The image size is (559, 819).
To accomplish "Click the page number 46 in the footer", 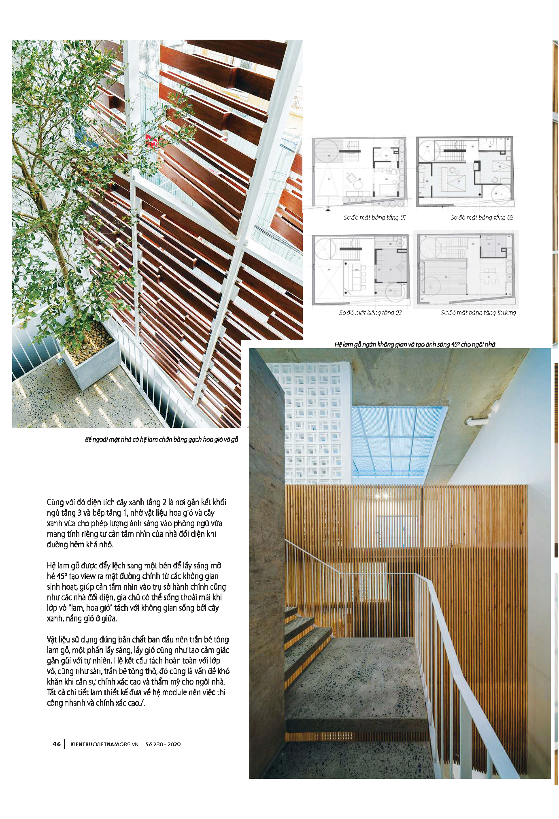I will [57, 744].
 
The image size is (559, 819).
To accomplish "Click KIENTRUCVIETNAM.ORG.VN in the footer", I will [104, 744].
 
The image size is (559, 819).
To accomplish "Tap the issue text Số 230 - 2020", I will [163, 744].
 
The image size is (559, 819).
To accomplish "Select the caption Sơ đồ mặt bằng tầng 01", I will [374, 217].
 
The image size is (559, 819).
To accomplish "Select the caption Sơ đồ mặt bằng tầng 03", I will [482, 217].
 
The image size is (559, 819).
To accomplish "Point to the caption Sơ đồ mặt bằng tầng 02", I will [370, 313].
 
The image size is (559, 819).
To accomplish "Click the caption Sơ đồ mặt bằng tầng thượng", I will [478, 313].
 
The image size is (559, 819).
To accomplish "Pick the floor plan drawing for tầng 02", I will [360, 270].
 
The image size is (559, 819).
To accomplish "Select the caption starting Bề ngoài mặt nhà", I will [162, 439].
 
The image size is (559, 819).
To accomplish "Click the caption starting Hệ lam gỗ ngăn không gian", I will [414, 344].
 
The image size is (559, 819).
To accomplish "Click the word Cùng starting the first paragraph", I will [55, 502].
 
